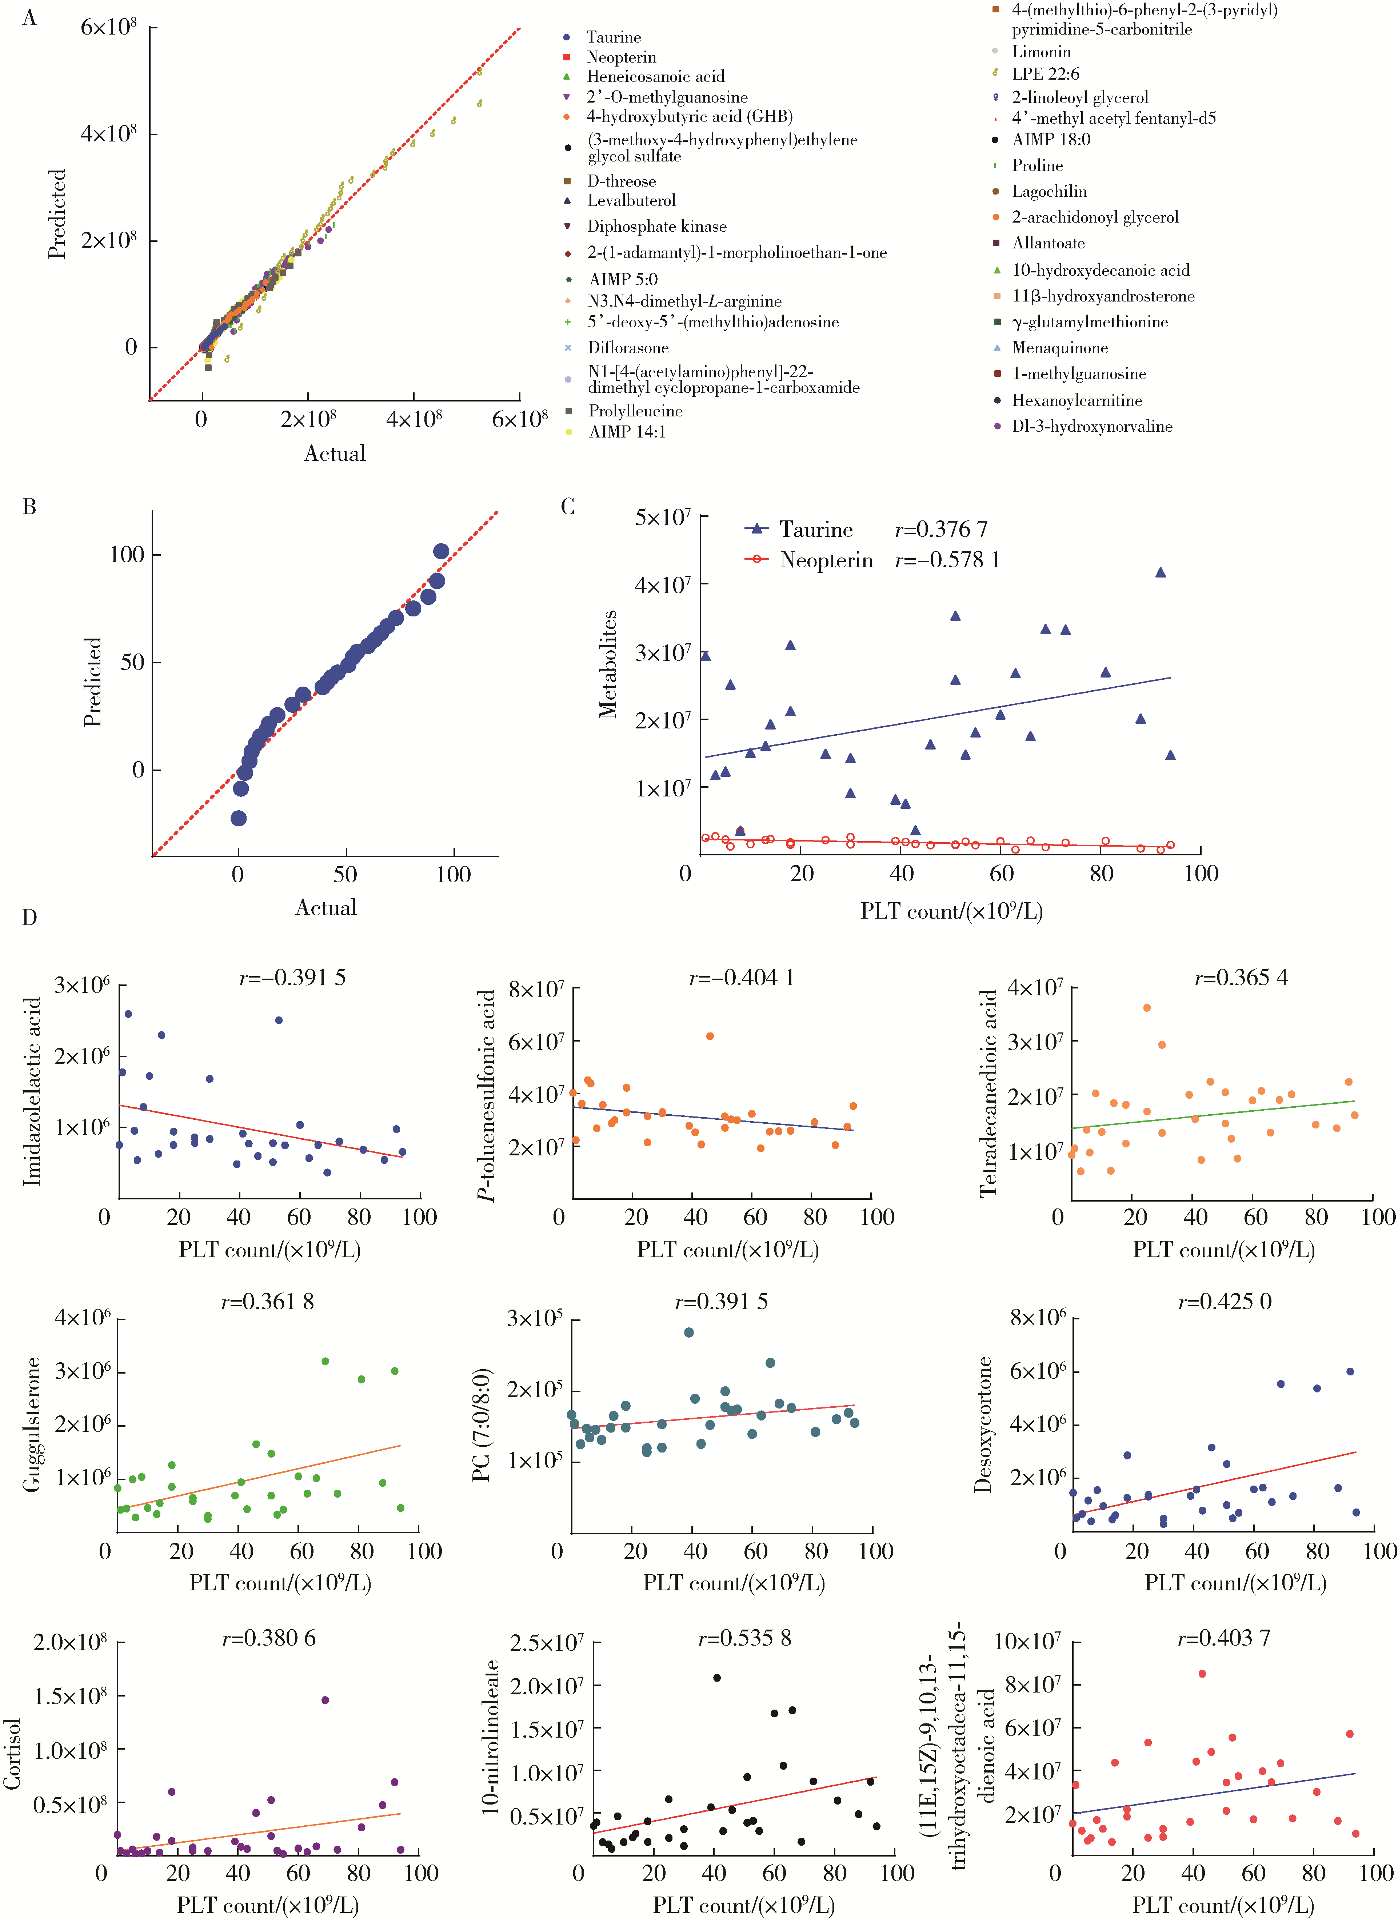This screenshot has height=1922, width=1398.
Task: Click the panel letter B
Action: coord(30,507)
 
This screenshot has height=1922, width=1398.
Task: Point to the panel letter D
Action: coord(30,918)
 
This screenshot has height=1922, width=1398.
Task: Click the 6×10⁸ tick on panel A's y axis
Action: coord(108,27)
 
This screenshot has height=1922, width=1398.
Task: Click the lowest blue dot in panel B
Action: coord(239,818)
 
